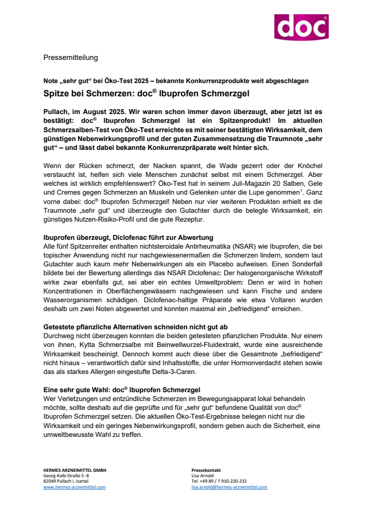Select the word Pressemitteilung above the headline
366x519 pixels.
[71, 58]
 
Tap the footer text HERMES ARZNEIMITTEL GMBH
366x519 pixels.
[75, 470]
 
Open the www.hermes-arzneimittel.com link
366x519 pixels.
[75, 487]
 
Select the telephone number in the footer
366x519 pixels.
[219, 482]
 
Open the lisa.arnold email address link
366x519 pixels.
[229, 487]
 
